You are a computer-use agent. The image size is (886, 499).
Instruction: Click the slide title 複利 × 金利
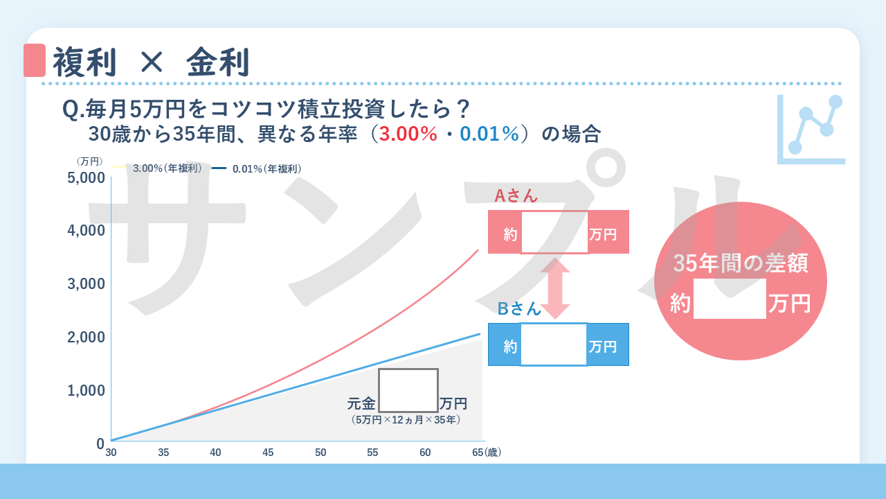pos(151,62)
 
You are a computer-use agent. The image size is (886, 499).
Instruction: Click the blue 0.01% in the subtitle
pos(489,134)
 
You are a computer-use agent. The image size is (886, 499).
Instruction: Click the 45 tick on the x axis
pos(268,453)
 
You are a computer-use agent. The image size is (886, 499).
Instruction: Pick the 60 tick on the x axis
pos(425,453)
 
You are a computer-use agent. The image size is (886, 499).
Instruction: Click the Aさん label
pos(516,196)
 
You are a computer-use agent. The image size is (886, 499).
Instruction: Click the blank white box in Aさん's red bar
pos(554,232)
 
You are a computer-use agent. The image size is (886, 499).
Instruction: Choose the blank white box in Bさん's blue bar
pos(553,344)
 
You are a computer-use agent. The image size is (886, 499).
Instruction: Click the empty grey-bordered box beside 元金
pos(408,390)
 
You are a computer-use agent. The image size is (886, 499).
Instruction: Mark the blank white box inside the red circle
pos(730,299)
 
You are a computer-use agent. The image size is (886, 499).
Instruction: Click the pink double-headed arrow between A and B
pos(555,288)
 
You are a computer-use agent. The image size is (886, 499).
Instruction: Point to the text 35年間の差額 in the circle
pos(741,264)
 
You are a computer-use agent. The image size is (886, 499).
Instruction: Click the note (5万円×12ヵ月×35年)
pos(406,420)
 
